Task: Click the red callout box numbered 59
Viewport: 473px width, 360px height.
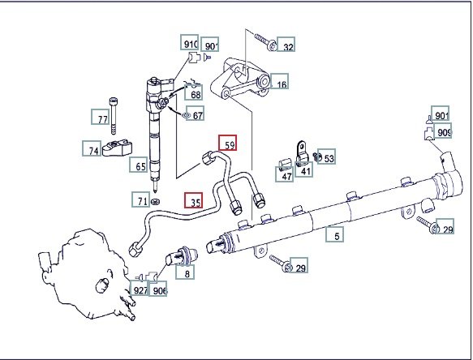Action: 228,143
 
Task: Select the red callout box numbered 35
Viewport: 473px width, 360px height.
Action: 194,200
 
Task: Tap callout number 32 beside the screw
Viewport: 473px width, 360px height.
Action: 286,45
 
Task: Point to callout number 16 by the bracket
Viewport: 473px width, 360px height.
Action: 279,81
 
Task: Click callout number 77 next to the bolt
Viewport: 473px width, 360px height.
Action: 100,117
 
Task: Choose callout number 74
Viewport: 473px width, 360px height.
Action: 92,148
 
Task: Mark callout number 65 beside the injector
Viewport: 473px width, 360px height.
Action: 139,165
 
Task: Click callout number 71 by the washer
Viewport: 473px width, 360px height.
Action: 141,199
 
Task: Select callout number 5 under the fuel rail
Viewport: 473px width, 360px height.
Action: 335,234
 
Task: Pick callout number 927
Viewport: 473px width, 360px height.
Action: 140,288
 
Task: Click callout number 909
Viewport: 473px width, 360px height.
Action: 442,131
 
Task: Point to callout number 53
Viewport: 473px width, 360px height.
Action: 326,156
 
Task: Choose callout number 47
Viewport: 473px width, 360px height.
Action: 285,174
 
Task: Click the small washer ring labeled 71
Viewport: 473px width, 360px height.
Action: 155,201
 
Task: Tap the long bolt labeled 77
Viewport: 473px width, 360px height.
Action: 113,116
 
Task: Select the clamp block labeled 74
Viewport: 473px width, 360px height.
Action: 118,148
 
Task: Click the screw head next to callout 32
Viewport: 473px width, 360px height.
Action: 273,46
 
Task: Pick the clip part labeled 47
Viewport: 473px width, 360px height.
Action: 285,163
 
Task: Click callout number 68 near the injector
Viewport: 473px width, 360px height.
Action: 193,92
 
